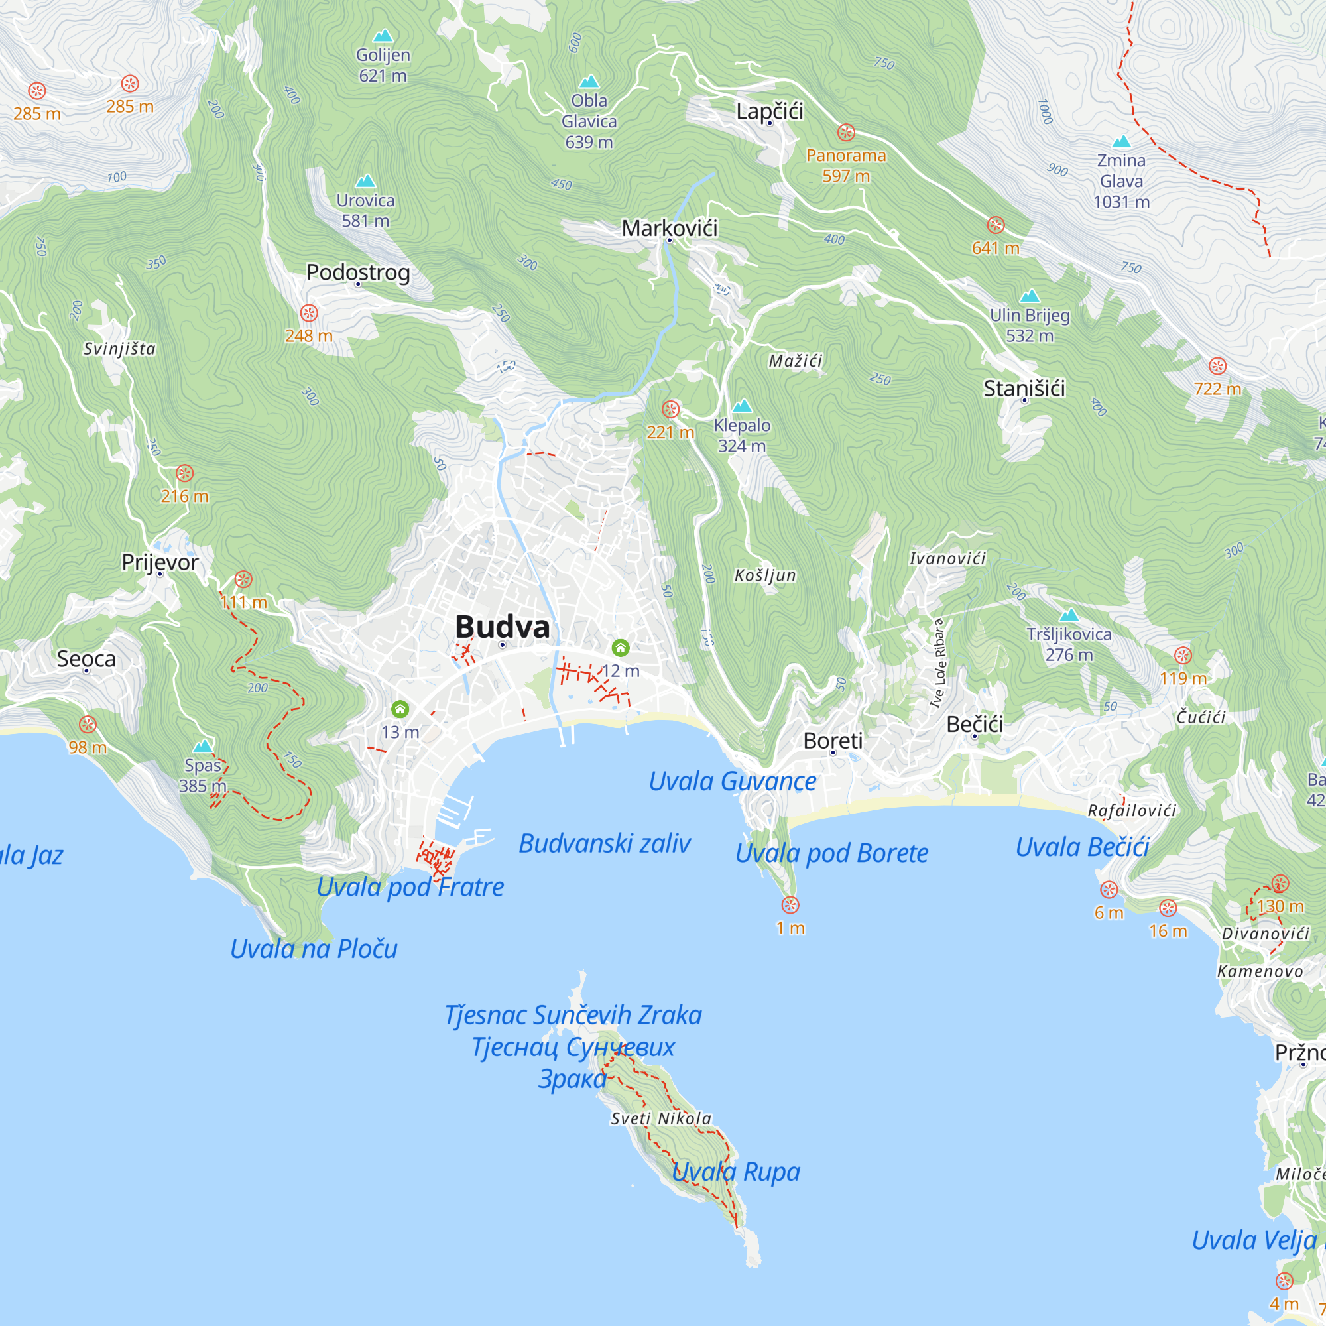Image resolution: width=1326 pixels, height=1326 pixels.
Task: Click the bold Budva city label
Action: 503,627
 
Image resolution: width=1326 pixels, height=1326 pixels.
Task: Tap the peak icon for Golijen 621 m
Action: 383,36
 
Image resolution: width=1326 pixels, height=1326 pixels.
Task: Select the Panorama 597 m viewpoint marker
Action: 845,133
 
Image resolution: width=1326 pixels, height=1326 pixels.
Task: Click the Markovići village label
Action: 669,228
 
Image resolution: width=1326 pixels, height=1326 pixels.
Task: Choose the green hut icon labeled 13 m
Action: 400,709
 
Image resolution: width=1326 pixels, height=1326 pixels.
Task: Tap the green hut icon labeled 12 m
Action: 621,647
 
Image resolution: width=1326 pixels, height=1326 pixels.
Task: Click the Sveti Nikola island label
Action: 661,1118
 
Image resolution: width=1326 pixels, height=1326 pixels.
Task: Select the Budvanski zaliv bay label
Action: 604,843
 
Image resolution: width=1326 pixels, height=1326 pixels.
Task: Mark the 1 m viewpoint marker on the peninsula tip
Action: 790,904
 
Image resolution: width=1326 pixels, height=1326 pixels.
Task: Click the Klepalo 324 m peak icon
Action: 742,406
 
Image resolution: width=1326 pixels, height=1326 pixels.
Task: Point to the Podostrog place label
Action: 357,272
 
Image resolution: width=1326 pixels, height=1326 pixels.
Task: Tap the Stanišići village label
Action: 1024,389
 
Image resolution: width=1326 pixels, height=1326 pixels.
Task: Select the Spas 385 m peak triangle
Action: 202,746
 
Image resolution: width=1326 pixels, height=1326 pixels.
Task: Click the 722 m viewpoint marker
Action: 1217,366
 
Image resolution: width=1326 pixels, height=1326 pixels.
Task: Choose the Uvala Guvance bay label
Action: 733,781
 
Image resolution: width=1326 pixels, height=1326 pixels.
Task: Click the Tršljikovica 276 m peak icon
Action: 1069,615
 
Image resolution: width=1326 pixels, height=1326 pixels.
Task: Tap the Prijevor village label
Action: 160,562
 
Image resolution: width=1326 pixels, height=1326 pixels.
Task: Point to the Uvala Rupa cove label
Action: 736,1172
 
